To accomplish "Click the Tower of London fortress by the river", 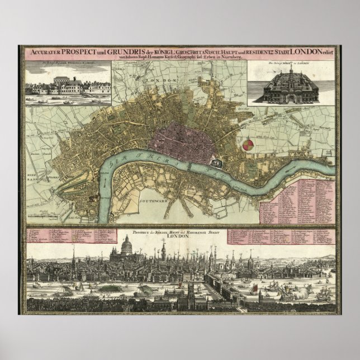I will [217, 162].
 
